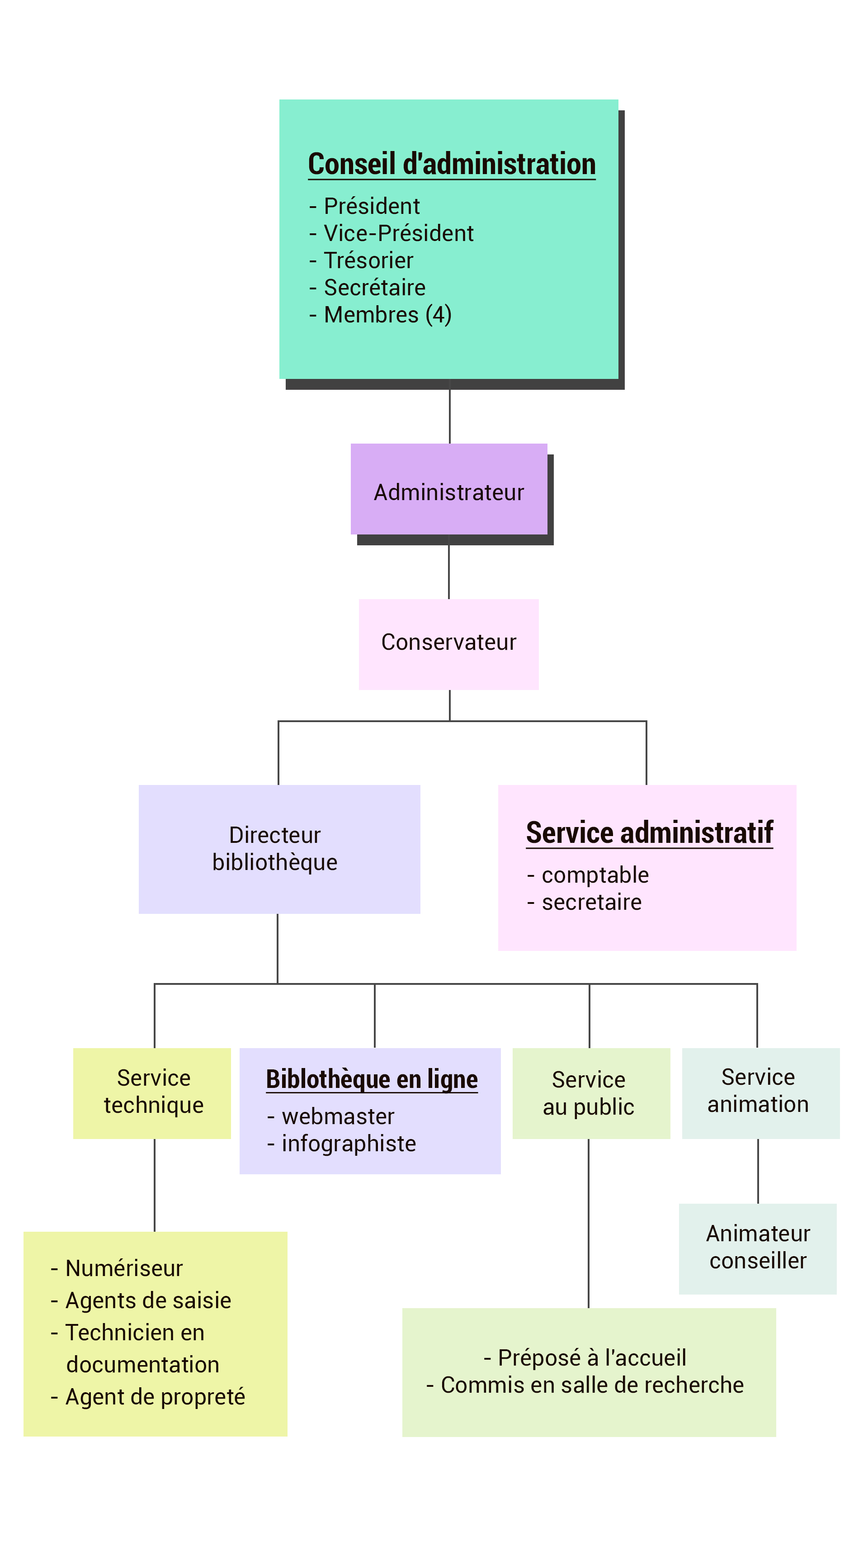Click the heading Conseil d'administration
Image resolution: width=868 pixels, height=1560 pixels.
[x=452, y=164]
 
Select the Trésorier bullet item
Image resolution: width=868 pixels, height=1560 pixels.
[x=368, y=260]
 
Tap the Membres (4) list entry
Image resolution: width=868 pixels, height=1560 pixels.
[x=387, y=314]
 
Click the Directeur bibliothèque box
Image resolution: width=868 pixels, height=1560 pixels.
[x=279, y=848]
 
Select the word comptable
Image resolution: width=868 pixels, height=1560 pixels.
[x=595, y=875]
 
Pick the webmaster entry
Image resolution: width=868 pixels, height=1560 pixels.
[x=338, y=1116]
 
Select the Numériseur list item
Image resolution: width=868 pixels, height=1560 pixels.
[x=123, y=1268]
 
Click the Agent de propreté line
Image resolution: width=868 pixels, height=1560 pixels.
[x=155, y=1396]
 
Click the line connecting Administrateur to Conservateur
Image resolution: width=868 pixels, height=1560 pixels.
[x=448, y=572]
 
